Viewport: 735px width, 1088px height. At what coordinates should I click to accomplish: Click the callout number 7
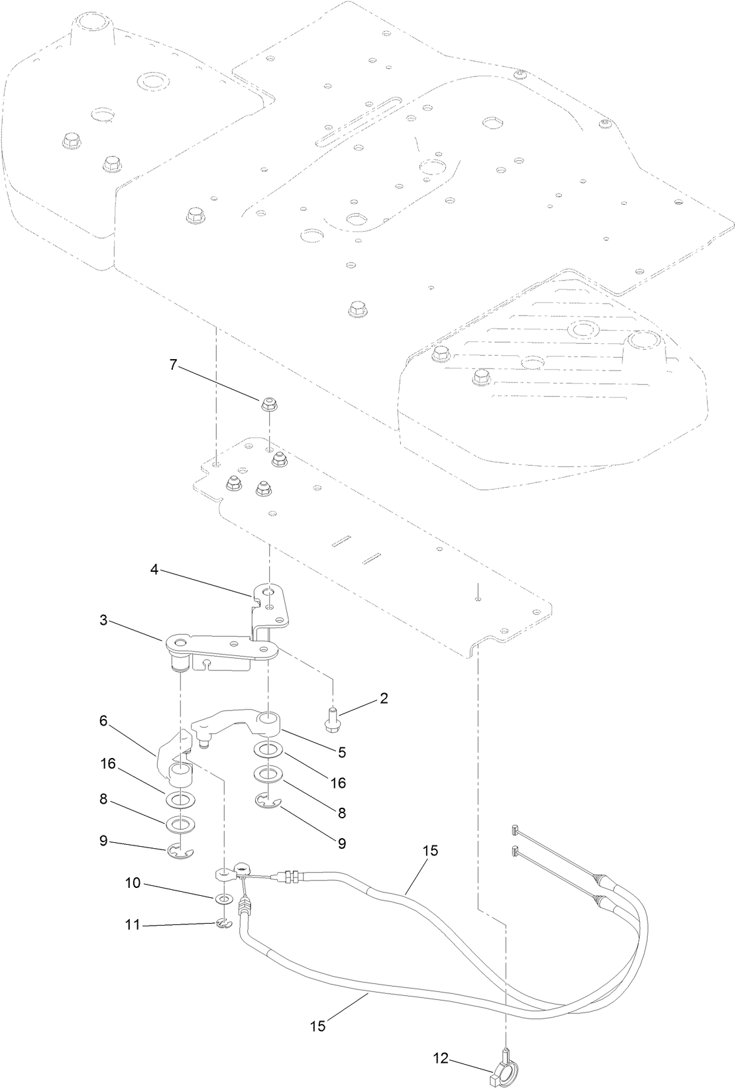click(174, 364)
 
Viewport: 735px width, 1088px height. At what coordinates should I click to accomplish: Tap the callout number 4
click(154, 569)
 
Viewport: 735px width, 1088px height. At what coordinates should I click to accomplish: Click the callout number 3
click(103, 620)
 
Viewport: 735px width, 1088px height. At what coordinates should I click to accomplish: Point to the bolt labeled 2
click(331, 720)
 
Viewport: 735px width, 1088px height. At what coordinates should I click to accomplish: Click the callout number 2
click(384, 698)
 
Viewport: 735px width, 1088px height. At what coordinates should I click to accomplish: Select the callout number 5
click(342, 752)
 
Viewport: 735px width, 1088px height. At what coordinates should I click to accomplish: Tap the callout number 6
click(103, 721)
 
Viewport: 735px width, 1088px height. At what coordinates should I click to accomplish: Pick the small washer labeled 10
click(224, 899)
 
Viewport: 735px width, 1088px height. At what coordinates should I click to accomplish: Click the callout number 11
click(133, 924)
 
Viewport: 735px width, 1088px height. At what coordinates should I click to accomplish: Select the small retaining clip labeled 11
click(224, 923)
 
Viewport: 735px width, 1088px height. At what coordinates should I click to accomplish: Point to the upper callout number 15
click(431, 851)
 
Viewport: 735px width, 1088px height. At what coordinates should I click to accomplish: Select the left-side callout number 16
click(108, 763)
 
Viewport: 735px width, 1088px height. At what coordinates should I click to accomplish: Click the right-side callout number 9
click(342, 843)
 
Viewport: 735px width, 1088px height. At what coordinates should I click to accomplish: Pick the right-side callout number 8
click(342, 812)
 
